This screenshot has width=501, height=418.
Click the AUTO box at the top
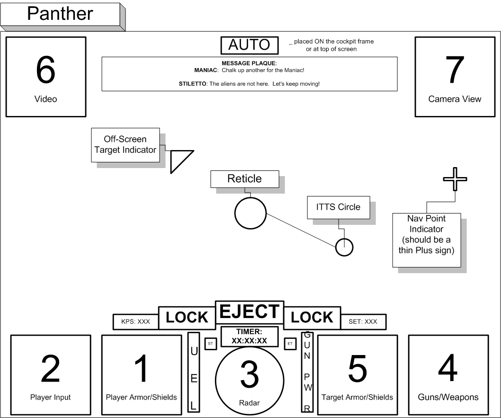point(249,45)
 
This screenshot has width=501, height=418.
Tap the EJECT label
point(249,312)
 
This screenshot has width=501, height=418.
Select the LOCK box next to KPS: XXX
point(186,318)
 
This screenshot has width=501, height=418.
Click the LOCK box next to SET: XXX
point(312,318)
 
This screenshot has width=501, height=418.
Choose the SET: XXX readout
point(363,321)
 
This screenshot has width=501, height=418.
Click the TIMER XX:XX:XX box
point(249,336)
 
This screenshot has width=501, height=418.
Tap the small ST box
point(210,343)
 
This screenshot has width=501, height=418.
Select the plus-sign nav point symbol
point(455,179)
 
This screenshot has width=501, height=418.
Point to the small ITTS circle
point(344,247)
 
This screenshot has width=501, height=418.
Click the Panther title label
point(60,14)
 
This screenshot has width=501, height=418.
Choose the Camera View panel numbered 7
point(455,77)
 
